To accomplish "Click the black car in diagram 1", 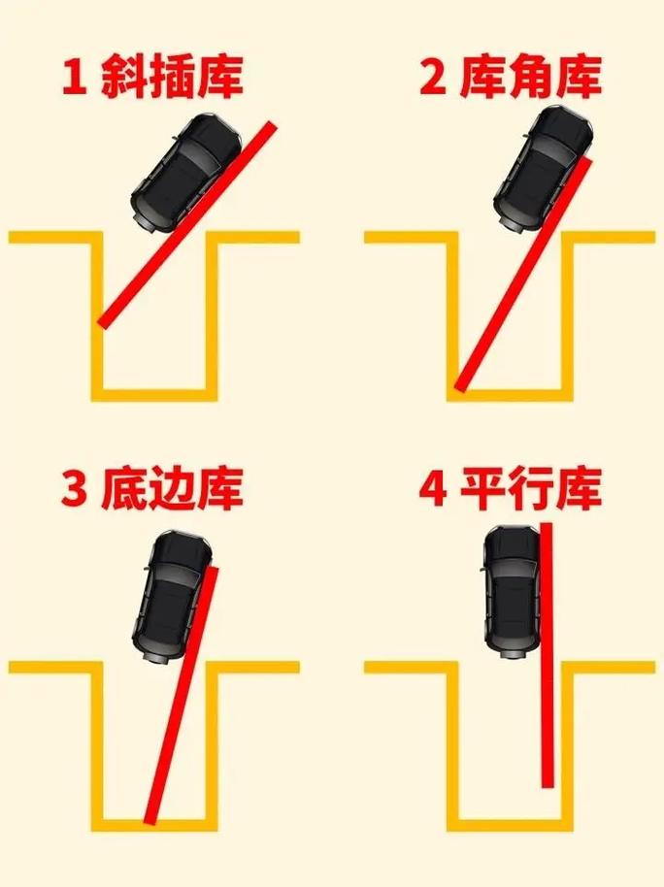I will [x=186, y=169].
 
